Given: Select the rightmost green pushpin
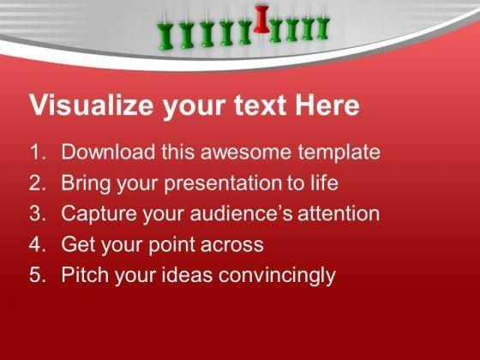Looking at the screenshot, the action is click(322, 27).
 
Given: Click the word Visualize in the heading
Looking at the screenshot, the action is click(92, 105).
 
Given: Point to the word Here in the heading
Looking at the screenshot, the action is click(327, 105).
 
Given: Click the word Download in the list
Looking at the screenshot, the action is click(108, 152).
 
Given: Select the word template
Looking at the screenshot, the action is click(339, 153).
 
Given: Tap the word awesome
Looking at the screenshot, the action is click(246, 153).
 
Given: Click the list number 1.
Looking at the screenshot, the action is click(38, 152).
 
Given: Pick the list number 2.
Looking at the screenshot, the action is click(38, 183).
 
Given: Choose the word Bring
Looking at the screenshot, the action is click(86, 183).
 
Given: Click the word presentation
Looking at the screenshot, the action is click(222, 183).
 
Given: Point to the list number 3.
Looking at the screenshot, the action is click(38, 213).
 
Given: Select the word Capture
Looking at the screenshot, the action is click(99, 214).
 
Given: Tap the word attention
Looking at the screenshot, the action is click(339, 213).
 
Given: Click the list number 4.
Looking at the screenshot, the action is click(38, 244).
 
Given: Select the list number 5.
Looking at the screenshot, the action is click(38, 275).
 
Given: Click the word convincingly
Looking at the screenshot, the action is click(277, 275).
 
